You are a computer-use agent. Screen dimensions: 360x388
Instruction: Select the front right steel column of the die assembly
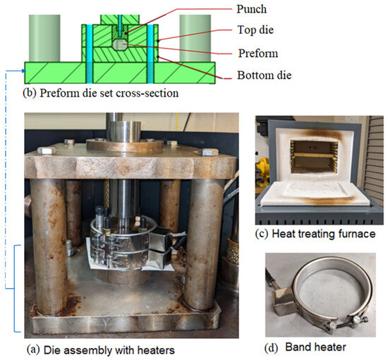tap(206, 247)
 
